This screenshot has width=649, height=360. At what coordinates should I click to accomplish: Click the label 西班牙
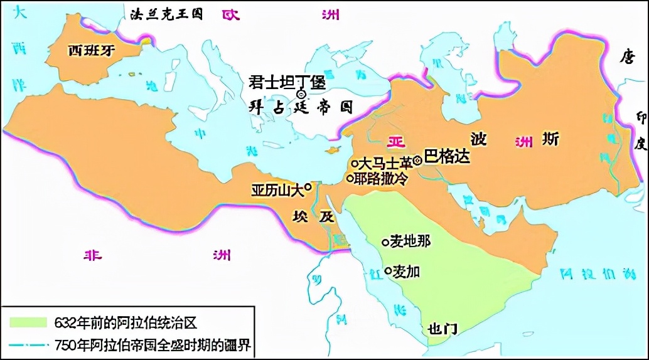(x=92, y=50)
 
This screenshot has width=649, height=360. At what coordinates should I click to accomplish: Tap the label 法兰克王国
(x=166, y=13)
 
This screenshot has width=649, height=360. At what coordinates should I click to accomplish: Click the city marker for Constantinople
(x=301, y=94)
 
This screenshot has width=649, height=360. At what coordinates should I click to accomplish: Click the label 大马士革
(x=386, y=162)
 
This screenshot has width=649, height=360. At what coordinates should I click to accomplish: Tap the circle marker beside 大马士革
(x=354, y=163)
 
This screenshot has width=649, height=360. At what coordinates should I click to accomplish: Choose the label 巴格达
(x=447, y=156)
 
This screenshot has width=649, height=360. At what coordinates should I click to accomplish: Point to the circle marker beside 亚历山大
(x=308, y=186)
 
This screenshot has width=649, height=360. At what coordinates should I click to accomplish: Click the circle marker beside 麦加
(x=389, y=271)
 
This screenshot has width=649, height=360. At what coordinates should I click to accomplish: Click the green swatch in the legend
(x=28, y=322)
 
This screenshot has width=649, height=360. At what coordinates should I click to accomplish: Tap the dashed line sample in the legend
(x=28, y=344)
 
